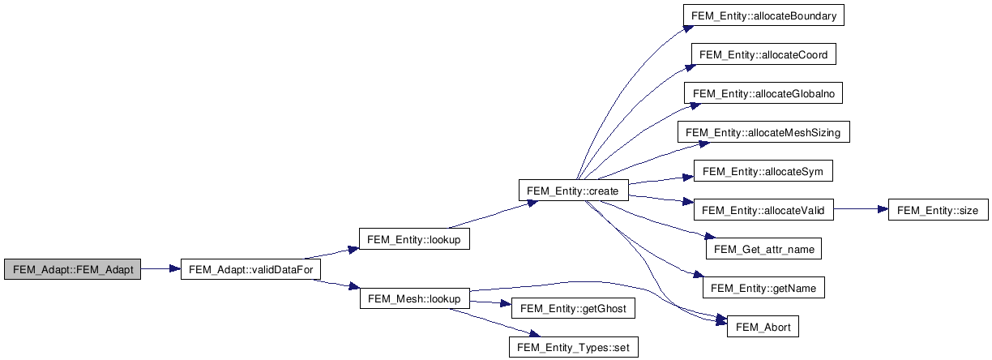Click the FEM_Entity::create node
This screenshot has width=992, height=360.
[572, 191]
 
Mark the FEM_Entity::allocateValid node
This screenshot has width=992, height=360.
[763, 211]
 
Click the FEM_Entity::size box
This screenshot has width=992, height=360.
[938, 211]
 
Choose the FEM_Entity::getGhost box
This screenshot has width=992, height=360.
[573, 309]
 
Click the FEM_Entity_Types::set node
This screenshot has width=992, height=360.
[573, 348]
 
